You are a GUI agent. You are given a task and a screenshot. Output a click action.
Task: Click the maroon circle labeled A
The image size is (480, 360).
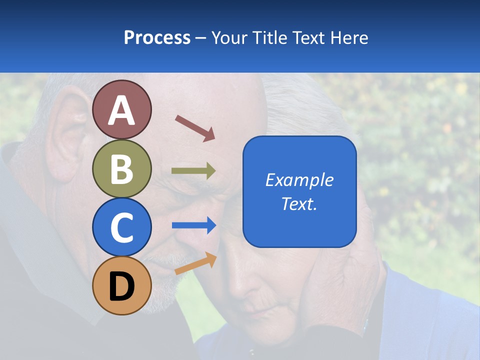coord(122,109)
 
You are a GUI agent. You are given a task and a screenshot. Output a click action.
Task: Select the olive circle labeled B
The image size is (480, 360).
coord(122,168)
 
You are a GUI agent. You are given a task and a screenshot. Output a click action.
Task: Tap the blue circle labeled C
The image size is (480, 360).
coord(122,227)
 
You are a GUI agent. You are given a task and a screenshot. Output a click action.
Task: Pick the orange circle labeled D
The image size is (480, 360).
coord(122,285)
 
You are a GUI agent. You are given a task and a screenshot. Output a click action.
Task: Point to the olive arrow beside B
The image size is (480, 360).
coord(193,171)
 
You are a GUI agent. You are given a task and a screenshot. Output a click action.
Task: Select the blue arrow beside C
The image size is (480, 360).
coord(193,225)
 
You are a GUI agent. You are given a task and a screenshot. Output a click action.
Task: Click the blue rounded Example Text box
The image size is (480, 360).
coord(299,191)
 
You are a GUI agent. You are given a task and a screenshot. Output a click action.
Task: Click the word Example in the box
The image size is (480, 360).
coord(299,180)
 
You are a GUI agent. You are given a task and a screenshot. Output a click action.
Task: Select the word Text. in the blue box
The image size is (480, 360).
coord(299,203)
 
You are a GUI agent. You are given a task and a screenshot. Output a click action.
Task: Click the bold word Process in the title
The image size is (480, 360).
coord(157,37)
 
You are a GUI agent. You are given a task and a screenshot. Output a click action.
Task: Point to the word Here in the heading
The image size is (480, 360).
coord(349,37)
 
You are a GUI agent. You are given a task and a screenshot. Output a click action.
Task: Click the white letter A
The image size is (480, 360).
coord(122,111)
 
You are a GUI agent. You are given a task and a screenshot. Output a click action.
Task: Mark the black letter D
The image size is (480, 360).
coord(122,286)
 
